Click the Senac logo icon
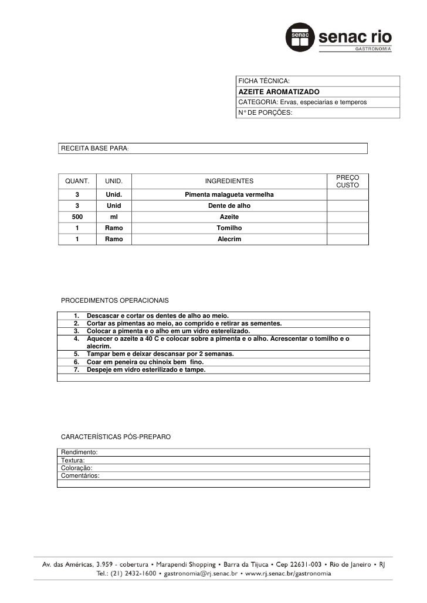(300, 39)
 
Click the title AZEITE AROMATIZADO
(279, 92)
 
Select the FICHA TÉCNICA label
(263, 81)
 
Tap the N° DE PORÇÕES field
(264, 112)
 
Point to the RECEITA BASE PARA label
(94, 149)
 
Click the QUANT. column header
(76, 182)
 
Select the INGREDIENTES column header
(229, 182)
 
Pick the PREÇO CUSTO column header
(348, 181)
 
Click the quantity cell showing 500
(77, 217)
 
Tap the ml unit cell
(114, 217)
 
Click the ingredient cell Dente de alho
(229, 206)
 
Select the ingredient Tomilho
(229, 228)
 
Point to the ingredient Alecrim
(229, 239)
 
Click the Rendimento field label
(79, 453)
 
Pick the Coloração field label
(77, 468)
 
